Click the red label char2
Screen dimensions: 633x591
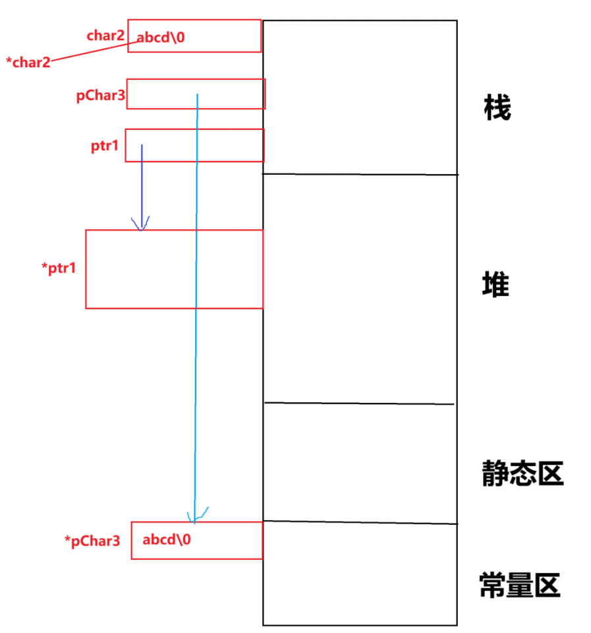pyautogui.click(x=105, y=36)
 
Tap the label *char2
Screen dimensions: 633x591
pyautogui.click(x=28, y=63)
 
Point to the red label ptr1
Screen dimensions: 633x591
pyautogui.click(x=105, y=146)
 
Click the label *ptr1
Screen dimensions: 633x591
pyautogui.click(x=58, y=268)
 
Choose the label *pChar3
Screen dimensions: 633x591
pyautogui.click(x=92, y=541)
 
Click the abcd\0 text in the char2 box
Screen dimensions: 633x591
pyautogui.click(x=161, y=38)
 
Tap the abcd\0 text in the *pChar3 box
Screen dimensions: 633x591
pyautogui.click(x=167, y=539)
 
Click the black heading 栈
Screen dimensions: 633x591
pyautogui.click(x=497, y=107)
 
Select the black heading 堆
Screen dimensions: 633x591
pyautogui.click(x=496, y=286)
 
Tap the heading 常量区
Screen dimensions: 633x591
pyautogui.click(x=520, y=585)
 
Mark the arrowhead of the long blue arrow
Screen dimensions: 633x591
pyautogui.click(x=192, y=517)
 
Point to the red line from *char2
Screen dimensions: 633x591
pyautogui.click(x=92, y=52)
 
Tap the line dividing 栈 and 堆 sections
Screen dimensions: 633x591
pyautogui.click(x=360, y=174)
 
